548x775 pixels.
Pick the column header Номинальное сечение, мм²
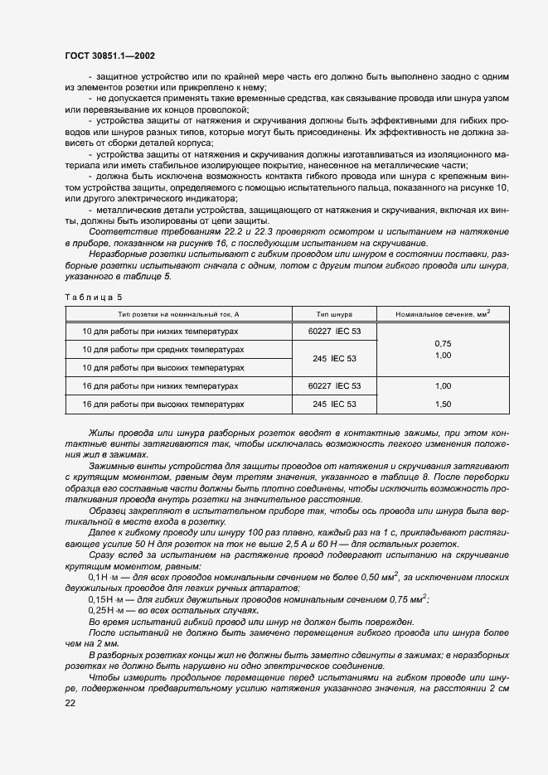[x=443, y=312]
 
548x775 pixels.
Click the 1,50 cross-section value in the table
[x=443, y=404]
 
